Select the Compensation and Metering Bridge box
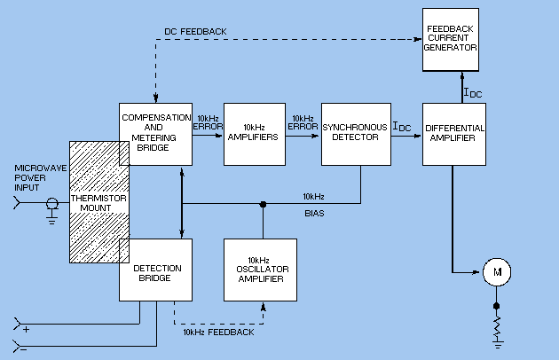(155, 133)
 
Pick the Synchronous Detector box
(356, 133)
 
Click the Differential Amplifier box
(454, 133)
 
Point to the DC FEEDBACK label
(195, 32)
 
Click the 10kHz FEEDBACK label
(218, 332)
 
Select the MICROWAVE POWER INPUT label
(34, 176)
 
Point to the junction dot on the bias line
(264, 204)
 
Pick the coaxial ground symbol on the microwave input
(51, 210)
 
